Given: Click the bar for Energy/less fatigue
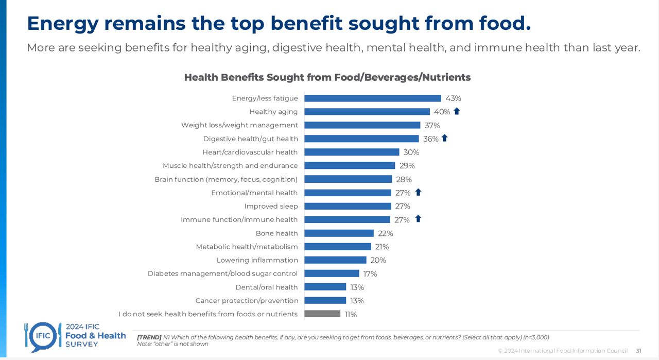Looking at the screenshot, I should click(372, 98).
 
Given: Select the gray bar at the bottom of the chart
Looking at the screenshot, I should click(322, 314).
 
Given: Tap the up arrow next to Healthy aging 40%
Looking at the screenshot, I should click(457, 111).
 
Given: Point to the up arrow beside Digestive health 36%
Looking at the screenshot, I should click(445, 138).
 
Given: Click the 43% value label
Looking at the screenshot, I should click(453, 98).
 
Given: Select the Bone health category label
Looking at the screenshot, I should click(276, 233).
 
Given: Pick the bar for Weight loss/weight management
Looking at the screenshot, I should click(362, 125).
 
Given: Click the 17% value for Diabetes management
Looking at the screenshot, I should click(370, 274).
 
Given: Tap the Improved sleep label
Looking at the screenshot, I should click(271, 206).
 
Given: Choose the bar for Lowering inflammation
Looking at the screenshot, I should click(335, 260).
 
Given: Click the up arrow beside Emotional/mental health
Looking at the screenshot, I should click(418, 192).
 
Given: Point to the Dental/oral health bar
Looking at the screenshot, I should click(325, 287).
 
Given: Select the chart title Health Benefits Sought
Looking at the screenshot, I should click(327, 77).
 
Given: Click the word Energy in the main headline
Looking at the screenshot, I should click(62, 23).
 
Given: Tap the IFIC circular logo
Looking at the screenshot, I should click(43, 336).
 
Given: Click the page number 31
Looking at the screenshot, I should click(638, 351).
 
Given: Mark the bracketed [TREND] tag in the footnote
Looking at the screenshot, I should click(149, 337).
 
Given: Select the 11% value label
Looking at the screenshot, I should click(351, 314).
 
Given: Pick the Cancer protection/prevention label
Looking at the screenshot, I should click(247, 301).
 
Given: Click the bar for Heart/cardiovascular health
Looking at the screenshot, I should click(352, 152).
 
